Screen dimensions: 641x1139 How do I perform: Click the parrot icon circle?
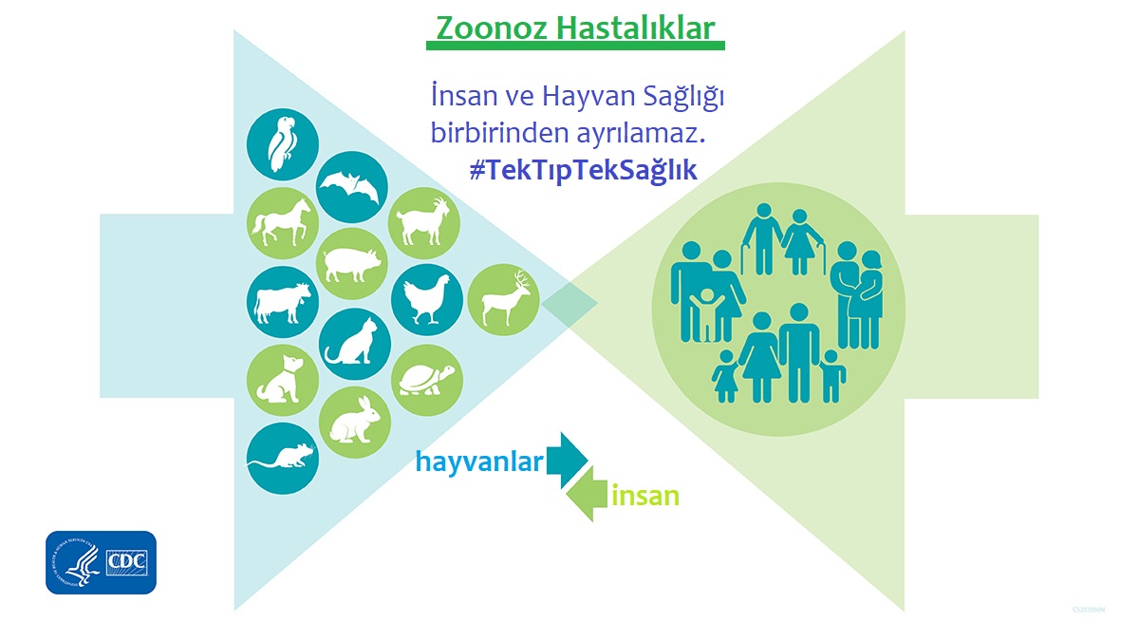click(x=282, y=143)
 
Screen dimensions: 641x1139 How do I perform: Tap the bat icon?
click(x=352, y=187)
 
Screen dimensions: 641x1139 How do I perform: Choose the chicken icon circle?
click(x=426, y=299)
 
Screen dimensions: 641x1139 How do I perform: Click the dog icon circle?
click(x=282, y=378)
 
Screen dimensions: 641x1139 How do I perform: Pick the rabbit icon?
click(x=353, y=420)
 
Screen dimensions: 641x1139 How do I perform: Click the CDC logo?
click(x=101, y=562)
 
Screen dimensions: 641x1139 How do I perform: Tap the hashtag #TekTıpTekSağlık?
click(x=583, y=171)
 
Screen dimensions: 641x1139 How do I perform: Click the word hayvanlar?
click(x=479, y=462)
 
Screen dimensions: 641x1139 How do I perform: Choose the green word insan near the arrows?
click(x=645, y=496)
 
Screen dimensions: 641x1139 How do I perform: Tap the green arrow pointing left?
click(x=588, y=495)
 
